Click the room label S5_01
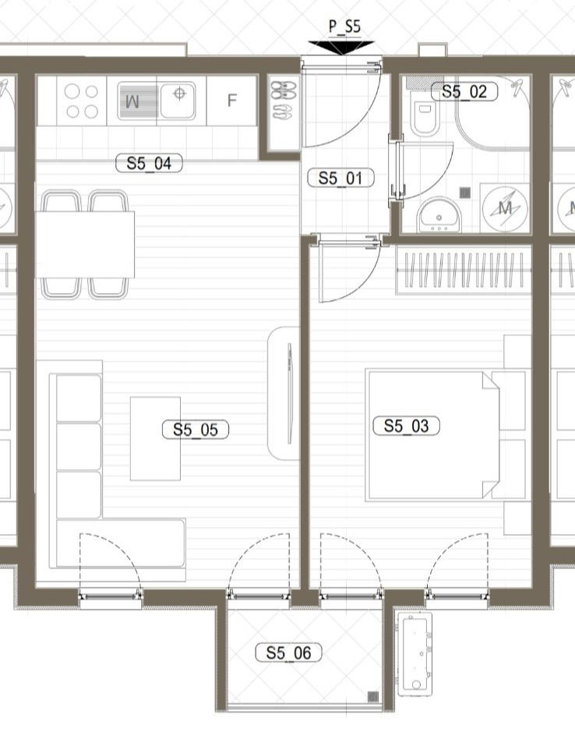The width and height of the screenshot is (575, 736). tap(340, 179)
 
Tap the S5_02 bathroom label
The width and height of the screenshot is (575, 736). tap(464, 92)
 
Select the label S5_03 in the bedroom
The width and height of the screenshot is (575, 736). tap(406, 426)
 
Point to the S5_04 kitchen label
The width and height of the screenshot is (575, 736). tap(148, 164)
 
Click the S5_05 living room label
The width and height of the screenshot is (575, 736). tap(195, 430)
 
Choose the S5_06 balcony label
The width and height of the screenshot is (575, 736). tap(288, 653)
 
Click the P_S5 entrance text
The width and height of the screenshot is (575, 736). tap(344, 27)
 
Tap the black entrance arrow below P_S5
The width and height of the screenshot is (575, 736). tap(341, 48)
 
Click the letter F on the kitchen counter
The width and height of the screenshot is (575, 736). tap(231, 101)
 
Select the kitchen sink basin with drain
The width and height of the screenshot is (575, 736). tap(179, 100)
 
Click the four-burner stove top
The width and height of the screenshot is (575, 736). tap(82, 101)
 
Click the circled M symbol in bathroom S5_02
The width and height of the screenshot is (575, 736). tap(504, 208)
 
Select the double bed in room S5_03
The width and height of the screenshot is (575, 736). tap(432, 434)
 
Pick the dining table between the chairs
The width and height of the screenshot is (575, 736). tap(85, 244)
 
